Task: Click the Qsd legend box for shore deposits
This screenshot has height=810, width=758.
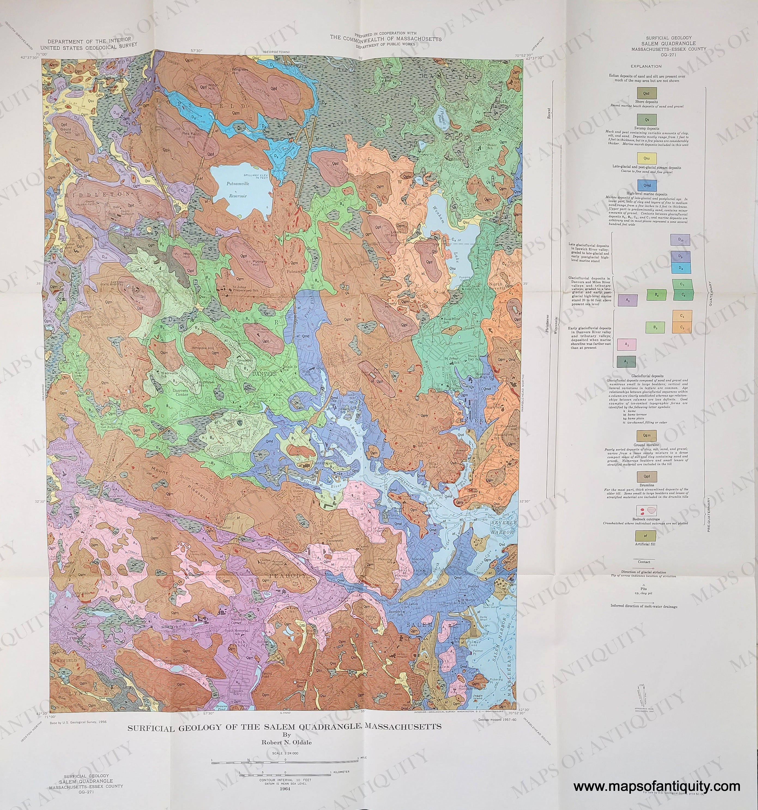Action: pos(646,93)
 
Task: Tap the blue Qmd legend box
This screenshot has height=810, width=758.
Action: pos(646,185)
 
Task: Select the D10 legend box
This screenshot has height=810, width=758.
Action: pos(680,240)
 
